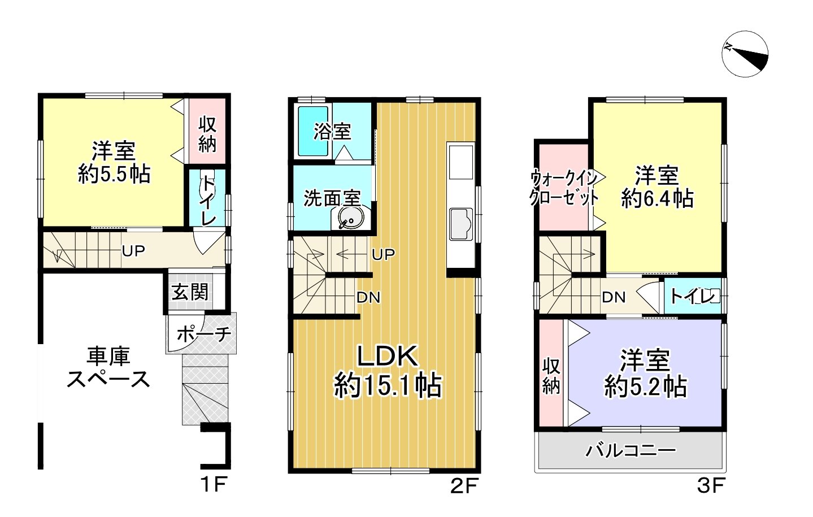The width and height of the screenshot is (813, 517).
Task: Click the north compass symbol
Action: (x=745, y=54)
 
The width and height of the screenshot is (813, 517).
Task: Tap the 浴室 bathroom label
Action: (x=332, y=132)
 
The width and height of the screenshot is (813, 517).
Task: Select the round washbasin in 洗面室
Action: (x=350, y=218)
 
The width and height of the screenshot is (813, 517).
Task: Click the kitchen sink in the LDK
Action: (x=461, y=223)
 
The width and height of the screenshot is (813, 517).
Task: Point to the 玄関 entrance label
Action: (x=190, y=292)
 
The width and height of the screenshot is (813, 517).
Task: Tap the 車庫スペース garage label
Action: (x=108, y=367)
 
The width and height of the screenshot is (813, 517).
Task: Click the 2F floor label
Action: (x=464, y=485)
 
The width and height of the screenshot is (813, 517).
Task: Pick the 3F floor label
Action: (x=710, y=485)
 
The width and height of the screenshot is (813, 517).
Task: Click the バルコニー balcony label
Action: (x=631, y=450)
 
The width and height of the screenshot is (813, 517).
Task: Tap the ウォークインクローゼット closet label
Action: (x=563, y=188)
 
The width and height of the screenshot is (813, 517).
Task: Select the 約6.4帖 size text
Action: (x=657, y=199)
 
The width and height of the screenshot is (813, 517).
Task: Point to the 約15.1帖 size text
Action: (x=388, y=386)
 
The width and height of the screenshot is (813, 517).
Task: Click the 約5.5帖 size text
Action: (x=114, y=175)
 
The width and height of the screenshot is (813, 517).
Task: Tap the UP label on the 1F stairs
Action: (x=133, y=250)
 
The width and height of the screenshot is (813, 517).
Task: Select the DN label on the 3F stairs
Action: (x=614, y=297)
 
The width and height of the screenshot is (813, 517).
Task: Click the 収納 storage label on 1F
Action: (x=207, y=134)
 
